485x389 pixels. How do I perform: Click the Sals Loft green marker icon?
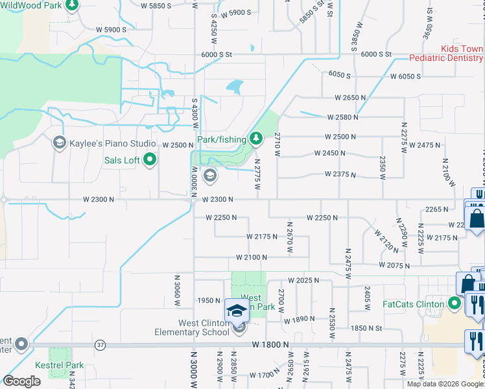(150, 159)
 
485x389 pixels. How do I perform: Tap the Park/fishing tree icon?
(257, 138)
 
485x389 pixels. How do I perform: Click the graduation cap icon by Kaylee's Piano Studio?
(60, 143)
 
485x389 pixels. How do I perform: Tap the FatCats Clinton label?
(412, 304)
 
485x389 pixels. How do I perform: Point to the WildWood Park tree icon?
(71, 6)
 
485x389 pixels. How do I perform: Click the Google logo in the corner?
(22, 381)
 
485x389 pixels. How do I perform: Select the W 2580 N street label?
(343, 117)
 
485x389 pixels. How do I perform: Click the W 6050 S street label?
(405, 77)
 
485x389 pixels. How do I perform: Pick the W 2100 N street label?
(252, 257)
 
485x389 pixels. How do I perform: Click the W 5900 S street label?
(112, 29)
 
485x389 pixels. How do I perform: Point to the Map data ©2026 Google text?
(444, 384)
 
